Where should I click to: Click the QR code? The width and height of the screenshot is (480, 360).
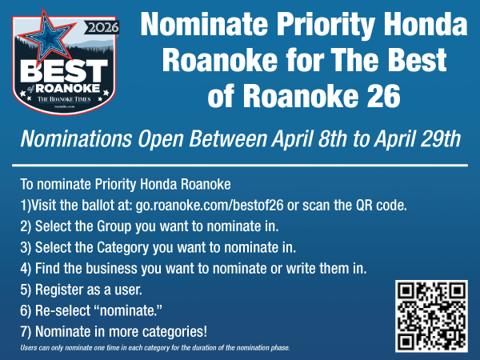[x=432, y=316]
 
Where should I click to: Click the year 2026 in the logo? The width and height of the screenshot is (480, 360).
[x=98, y=27]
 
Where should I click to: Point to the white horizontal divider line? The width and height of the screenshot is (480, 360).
[x=240, y=165]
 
